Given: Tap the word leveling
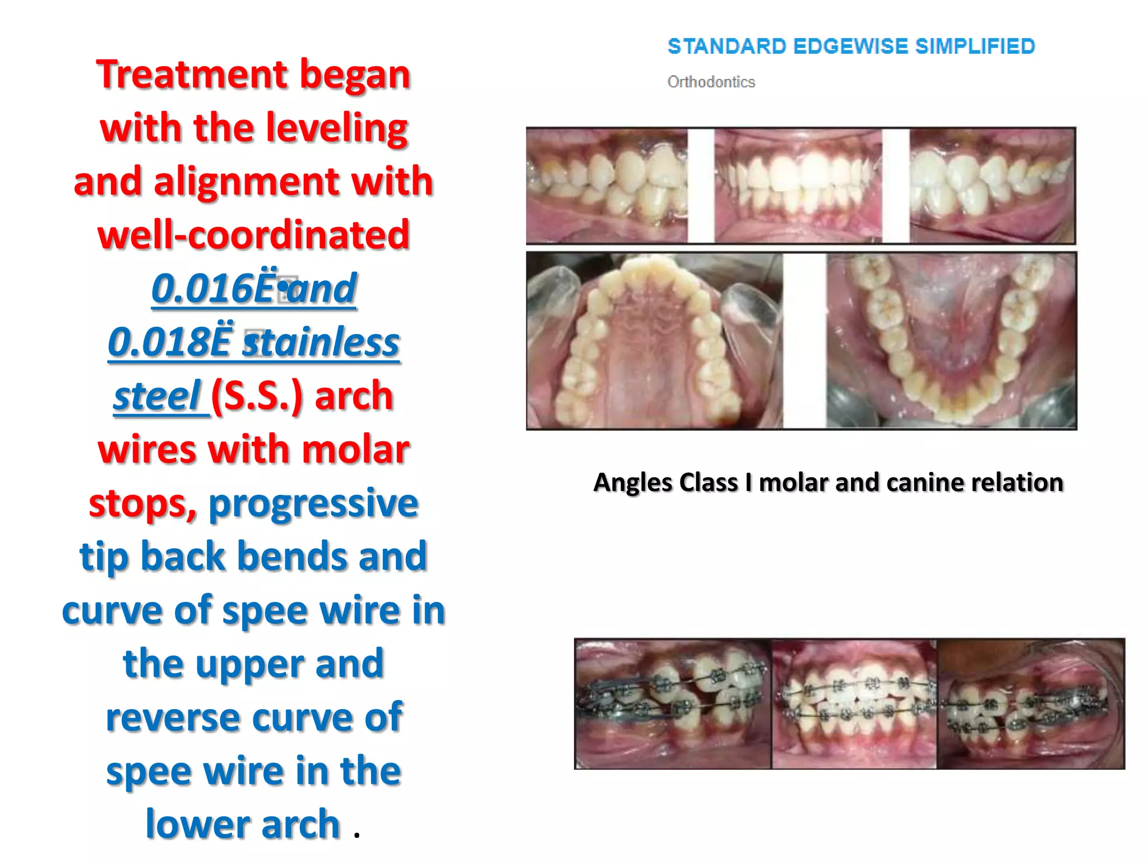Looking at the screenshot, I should pyautogui.click(x=336, y=128).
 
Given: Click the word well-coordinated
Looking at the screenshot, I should pyautogui.click(x=253, y=235).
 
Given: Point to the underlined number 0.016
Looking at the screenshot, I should pyautogui.click(x=202, y=289).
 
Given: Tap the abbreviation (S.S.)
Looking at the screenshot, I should pyautogui.click(x=257, y=396).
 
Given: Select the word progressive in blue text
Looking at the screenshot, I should pyautogui.click(x=313, y=503).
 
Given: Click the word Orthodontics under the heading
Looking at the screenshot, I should pyautogui.click(x=711, y=82).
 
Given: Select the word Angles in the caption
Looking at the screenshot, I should pyautogui.click(x=629, y=483).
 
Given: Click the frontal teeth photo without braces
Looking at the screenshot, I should pyautogui.click(x=798, y=186).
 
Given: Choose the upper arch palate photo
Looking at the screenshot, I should pyautogui.click(x=654, y=341).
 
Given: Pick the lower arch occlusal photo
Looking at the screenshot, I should pyautogui.click(x=951, y=341).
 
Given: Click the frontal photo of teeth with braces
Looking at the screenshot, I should pyautogui.click(x=854, y=703).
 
